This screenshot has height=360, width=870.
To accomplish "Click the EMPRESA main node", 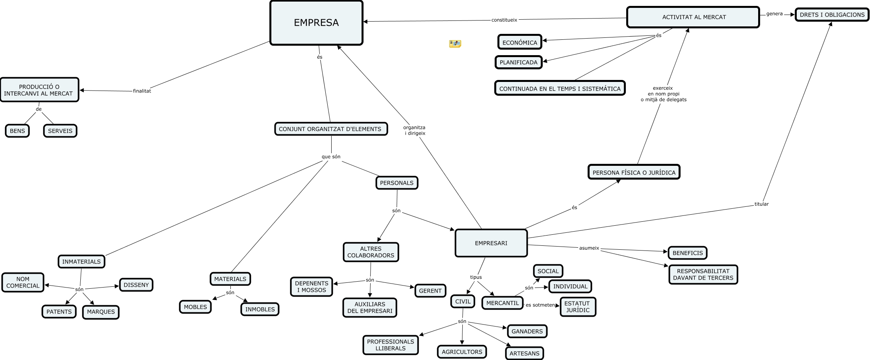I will (316, 23).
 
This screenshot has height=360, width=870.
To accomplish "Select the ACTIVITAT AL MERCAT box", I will (693, 17).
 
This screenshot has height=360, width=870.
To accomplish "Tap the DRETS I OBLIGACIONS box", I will (832, 15).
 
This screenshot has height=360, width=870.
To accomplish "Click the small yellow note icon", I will (455, 44).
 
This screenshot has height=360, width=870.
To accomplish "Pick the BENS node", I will (17, 131).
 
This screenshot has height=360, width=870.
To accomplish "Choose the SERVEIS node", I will (60, 131).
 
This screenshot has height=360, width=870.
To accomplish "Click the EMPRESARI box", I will (491, 243).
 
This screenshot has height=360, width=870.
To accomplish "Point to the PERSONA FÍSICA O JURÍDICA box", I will (634, 172).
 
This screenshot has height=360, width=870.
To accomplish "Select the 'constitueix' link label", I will (504, 20).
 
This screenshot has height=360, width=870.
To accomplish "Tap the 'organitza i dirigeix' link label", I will (415, 130).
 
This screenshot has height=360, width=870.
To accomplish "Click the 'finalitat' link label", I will (142, 91).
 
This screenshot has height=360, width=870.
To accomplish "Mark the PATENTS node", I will (59, 312).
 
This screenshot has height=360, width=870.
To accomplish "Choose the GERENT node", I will (430, 291).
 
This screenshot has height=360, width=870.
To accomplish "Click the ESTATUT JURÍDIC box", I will (577, 307).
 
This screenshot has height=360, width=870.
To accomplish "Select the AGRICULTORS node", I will (462, 352).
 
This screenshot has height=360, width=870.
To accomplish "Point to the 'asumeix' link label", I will (589, 248).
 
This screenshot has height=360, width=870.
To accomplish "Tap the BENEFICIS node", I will (687, 253).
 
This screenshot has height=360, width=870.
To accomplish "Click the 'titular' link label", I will (761, 204).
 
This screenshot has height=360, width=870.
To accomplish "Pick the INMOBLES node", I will (260, 309).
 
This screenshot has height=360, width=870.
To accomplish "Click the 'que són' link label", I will (331, 157).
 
